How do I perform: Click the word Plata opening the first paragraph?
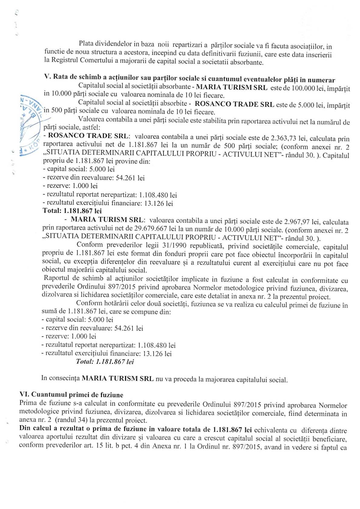[86, 44]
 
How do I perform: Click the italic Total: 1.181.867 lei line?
[105, 362]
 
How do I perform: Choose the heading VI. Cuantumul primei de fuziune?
[71, 395]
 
